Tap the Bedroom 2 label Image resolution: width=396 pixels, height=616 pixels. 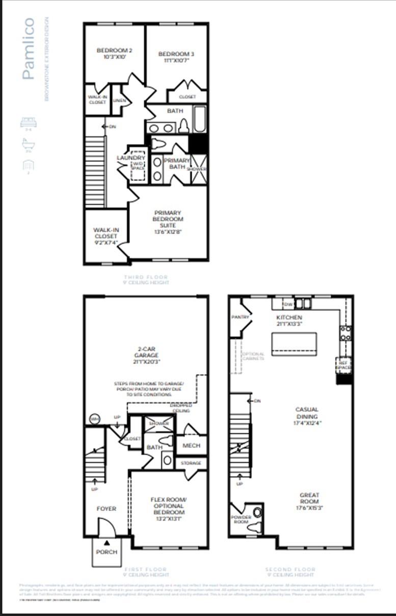click(115, 53)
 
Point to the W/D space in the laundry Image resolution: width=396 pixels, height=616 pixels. click(138, 165)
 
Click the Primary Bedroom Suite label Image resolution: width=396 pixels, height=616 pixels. click(168, 219)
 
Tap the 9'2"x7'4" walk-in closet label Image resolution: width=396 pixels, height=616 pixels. click(105, 236)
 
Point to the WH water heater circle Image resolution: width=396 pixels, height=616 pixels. click(94, 419)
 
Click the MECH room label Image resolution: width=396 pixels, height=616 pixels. click(191, 445)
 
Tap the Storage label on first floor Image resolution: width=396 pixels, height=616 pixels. click(191, 463)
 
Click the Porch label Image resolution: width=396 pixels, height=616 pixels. click(107, 552)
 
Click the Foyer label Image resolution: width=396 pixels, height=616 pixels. click(107, 509)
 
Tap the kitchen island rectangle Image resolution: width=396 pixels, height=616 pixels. click(294, 344)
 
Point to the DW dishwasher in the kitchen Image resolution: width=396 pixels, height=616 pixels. click(287, 304)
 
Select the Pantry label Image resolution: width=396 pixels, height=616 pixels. click(240, 317)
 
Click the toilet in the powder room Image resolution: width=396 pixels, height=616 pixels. click(256, 512)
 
